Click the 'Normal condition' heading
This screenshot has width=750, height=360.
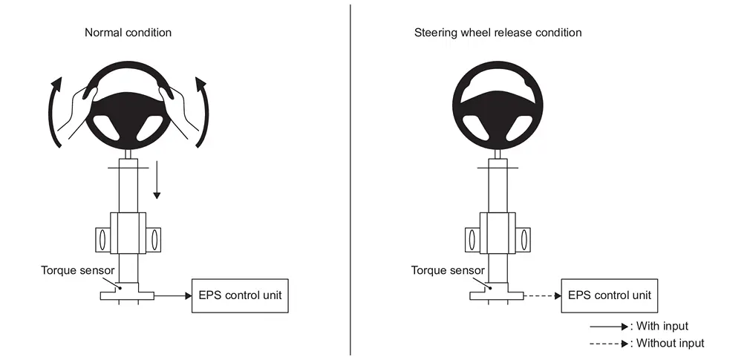click(x=128, y=33)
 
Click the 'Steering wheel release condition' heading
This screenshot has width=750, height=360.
click(x=498, y=33)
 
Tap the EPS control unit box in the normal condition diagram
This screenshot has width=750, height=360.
click(x=240, y=296)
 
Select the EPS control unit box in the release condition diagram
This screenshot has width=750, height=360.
click(x=610, y=296)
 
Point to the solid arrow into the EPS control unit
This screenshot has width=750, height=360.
click(x=173, y=296)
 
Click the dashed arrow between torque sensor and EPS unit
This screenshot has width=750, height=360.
click(x=542, y=296)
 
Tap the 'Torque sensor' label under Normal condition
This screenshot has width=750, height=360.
click(x=77, y=270)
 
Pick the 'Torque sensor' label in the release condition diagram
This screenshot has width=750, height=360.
click(x=448, y=270)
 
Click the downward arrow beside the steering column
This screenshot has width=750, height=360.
click(x=157, y=180)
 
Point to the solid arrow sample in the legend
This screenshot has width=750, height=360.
click(x=609, y=327)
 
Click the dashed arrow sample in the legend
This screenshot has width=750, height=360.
click(x=609, y=343)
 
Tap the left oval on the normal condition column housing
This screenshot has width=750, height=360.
click(x=102, y=240)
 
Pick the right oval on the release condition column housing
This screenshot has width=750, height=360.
click(x=524, y=240)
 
